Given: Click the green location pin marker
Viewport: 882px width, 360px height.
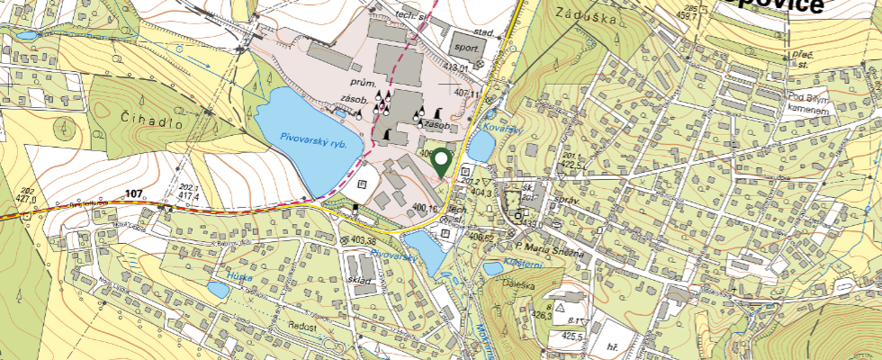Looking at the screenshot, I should click(x=441, y=162).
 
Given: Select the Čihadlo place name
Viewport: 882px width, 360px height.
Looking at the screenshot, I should click(x=139, y=118).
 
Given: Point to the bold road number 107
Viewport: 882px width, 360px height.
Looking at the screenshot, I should click(x=135, y=193).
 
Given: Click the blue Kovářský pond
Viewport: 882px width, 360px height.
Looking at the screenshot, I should click(x=480, y=147).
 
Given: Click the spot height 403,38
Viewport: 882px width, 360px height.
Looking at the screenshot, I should click(x=363, y=240).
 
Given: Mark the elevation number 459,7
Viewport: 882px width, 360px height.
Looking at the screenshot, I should click(x=688, y=15).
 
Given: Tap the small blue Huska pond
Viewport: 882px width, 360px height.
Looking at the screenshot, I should click(x=218, y=290).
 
